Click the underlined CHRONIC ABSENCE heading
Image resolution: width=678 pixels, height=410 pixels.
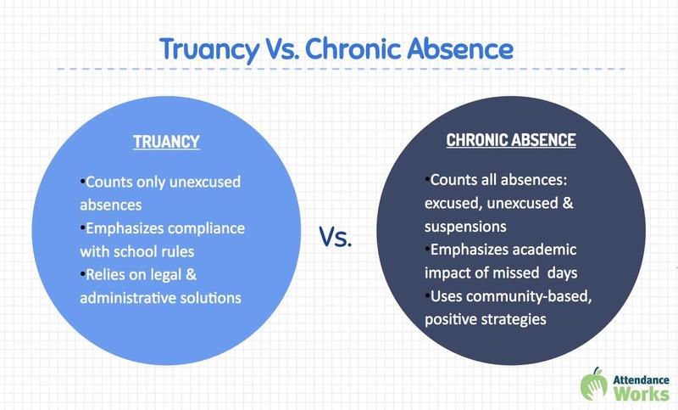click(511, 140)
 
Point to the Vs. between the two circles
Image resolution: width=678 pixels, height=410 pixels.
click(336, 237)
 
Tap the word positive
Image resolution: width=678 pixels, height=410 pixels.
click(453, 319)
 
